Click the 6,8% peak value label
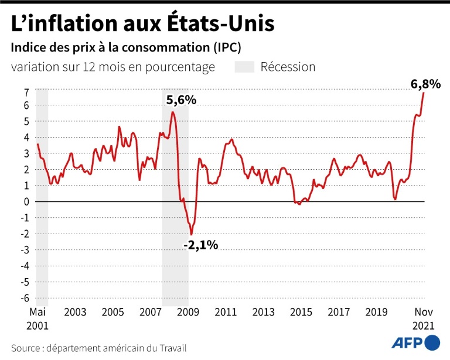click(425, 84)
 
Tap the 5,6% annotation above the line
click(181, 100)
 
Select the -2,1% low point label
click(200, 245)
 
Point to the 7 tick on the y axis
click(26, 92)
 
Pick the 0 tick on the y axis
click(26, 201)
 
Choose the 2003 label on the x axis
click(76, 313)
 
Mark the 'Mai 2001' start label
click(37, 318)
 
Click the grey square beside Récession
click(244, 67)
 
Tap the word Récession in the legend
click(288, 67)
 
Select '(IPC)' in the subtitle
click(224, 46)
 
